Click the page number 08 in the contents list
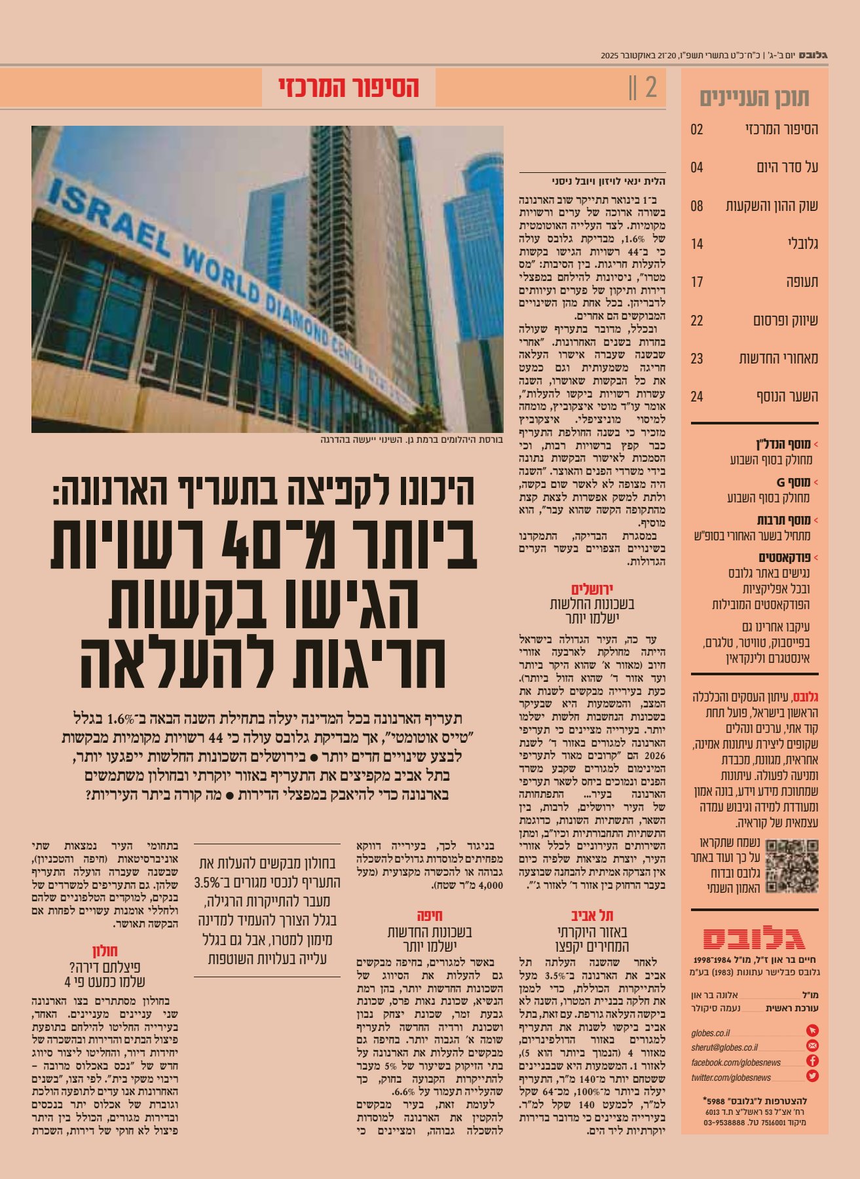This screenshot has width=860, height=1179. pyautogui.click(x=696, y=206)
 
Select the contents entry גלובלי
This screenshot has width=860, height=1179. pyautogui.click(x=802, y=244)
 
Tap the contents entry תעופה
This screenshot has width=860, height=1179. pyautogui.click(x=802, y=282)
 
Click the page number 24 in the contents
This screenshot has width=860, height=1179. pyautogui.click(x=696, y=396)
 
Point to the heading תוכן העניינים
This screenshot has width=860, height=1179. pyautogui.click(x=755, y=98)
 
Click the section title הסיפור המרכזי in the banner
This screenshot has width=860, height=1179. pyautogui.click(x=348, y=88)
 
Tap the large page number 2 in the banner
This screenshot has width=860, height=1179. pyautogui.click(x=650, y=88)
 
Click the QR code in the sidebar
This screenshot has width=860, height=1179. pyautogui.click(x=792, y=866)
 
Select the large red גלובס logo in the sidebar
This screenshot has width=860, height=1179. pyautogui.click(x=755, y=938)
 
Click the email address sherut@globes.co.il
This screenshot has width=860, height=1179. pyautogui.click(x=724, y=1047)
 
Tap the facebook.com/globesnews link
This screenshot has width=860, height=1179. pyautogui.click(x=736, y=1062)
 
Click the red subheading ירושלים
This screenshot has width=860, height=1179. pyautogui.click(x=592, y=589)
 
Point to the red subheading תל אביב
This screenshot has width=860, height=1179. pyautogui.click(x=592, y=916)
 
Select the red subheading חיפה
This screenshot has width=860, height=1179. pyautogui.click(x=430, y=916)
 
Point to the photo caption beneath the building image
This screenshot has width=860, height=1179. pyautogui.click(x=411, y=440)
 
